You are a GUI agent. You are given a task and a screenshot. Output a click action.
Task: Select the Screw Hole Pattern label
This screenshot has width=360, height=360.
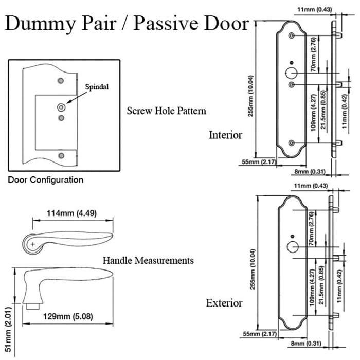[166, 111]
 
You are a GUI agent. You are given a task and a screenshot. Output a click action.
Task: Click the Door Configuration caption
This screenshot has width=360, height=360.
[46, 180]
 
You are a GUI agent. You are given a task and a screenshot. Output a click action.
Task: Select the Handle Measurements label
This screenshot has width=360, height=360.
[148, 260]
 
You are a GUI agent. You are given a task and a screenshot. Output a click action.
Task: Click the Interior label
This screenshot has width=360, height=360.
[225, 135]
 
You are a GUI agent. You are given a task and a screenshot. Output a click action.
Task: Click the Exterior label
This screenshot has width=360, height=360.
[224, 302]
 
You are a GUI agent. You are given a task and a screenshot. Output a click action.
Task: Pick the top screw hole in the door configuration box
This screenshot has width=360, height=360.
[61, 81]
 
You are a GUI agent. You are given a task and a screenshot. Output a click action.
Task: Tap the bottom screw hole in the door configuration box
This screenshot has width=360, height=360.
[61, 155]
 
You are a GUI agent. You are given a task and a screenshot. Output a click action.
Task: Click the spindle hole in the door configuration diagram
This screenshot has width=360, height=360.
[62, 107]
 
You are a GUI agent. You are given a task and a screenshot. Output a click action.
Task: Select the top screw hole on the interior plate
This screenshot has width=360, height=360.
[292, 35]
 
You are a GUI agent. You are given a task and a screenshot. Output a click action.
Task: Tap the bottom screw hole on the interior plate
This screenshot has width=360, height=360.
[292, 142]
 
